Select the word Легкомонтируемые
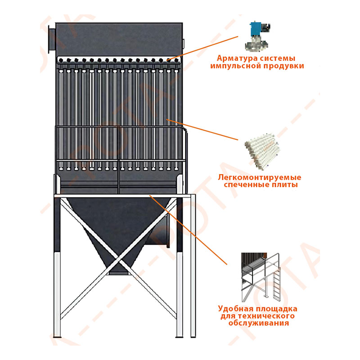pyautogui.click(x=260, y=177)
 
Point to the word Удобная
pyautogui.click(x=235, y=309)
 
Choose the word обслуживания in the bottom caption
pyautogui.click(x=258, y=323)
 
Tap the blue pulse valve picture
pyautogui.click(x=257, y=36)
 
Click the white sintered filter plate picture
pyautogui.click(x=263, y=152)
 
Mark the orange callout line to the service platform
pyautogui.click(x=188, y=230)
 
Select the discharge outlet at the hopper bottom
pyautogui.click(x=118, y=273)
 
